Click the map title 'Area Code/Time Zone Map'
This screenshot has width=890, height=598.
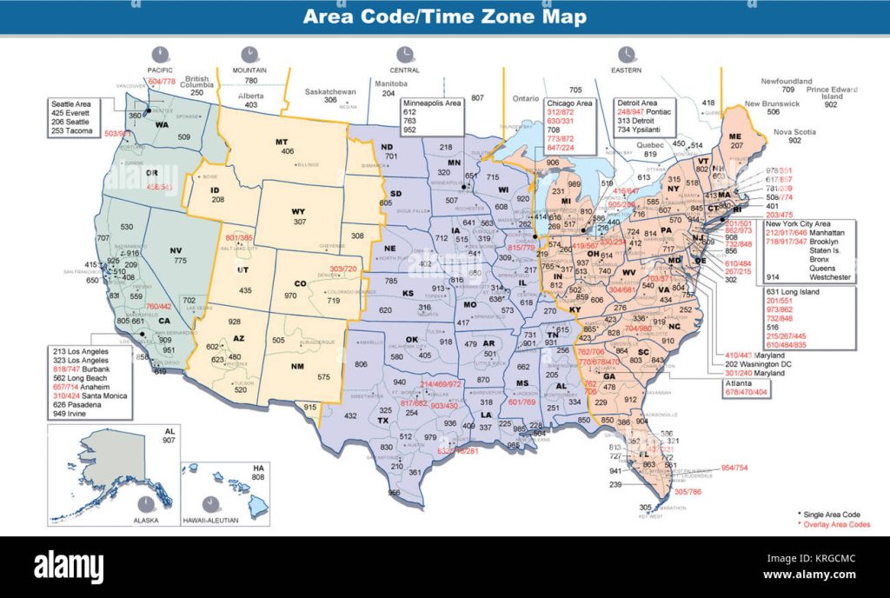[x=444, y=17]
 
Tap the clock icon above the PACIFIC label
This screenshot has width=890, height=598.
[x=160, y=54]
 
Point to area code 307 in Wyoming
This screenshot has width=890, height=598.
[x=300, y=222]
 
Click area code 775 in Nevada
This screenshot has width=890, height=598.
[x=180, y=261]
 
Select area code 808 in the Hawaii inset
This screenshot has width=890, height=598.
[x=257, y=477]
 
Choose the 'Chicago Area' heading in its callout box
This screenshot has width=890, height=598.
[x=570, y=103]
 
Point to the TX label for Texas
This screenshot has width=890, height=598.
[x=382, y=421]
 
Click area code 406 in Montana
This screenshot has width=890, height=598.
[x=288, y=152]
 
